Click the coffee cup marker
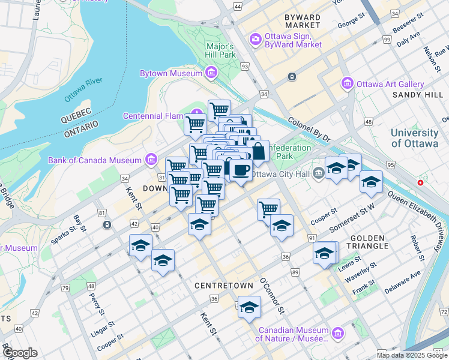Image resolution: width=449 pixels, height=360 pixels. pos(241,171)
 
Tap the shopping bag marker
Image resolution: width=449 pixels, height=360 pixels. pos(258,151)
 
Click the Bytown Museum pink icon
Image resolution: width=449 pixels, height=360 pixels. pos(211,73)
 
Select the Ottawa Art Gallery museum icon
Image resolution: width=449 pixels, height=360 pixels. pos(347,84)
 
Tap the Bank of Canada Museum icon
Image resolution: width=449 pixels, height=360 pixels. pos(151,160)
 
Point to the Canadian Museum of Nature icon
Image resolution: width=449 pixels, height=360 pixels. pos(337,332)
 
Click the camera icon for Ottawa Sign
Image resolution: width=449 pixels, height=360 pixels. pos(256,39)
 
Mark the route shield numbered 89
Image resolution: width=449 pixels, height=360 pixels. pos(295,272)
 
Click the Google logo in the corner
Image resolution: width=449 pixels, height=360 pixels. pos(20,353)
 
